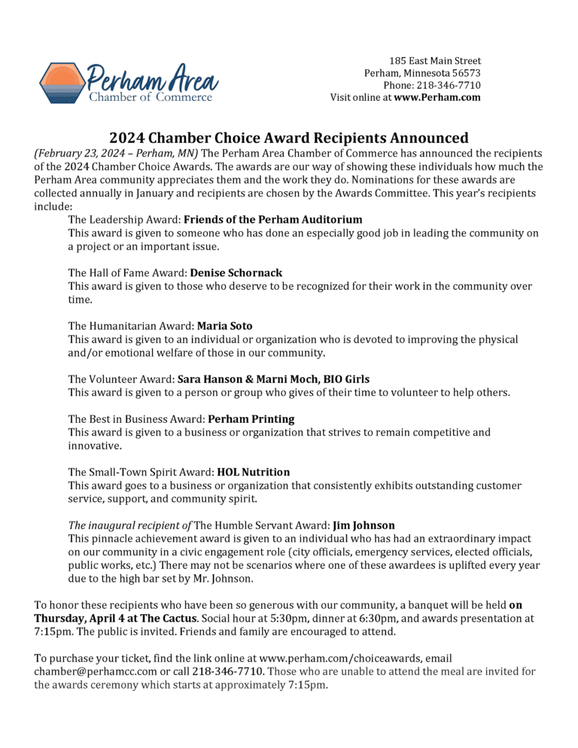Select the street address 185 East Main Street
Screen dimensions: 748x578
tap(435, 60)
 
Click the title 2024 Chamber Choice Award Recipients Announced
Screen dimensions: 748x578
tap(289, 138)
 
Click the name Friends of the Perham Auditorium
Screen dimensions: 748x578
tap(273, 220)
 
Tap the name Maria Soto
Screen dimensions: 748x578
tap(225, 326)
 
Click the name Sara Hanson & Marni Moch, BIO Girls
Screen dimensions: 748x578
tap(273, 379)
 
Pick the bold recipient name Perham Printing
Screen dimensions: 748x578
tap(251, 418)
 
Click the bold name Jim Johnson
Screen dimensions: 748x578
tap(364, 525)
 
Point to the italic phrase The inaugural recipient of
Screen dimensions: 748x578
tap(129, 525)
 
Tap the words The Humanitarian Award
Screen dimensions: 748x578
tap(130, 326)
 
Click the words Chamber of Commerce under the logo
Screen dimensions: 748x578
tap(151, 96)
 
